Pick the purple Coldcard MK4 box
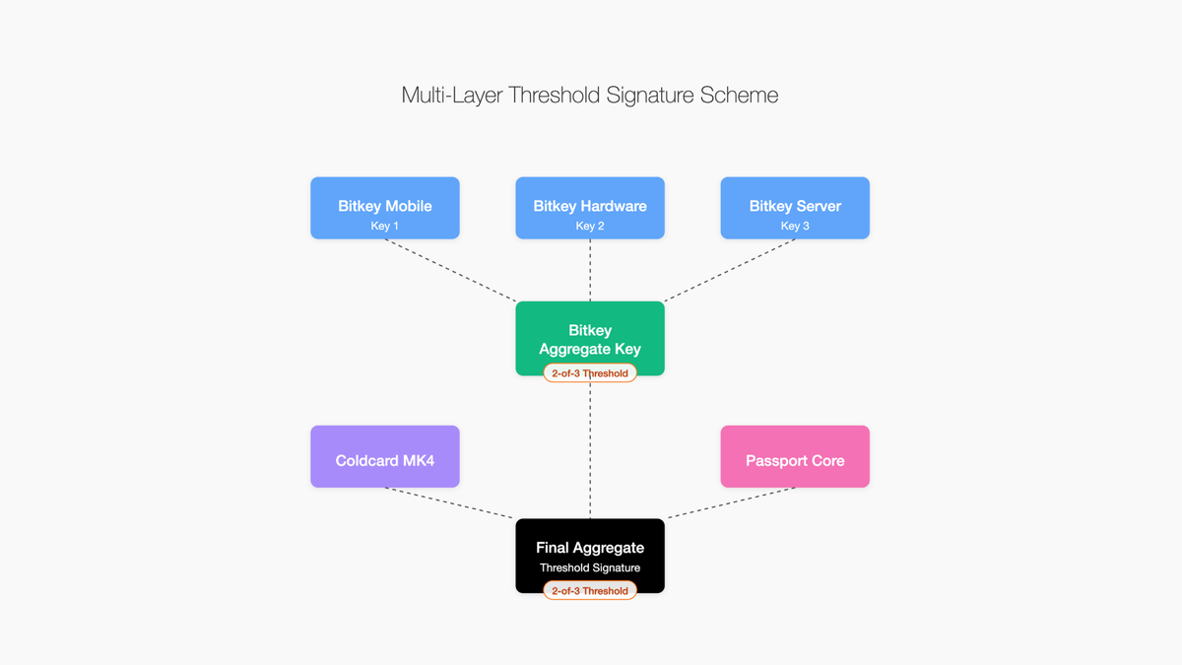click(384, 456)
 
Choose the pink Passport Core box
click(795, 456)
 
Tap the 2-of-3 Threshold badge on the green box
click(590, 373)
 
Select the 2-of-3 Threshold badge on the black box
click(590, 591)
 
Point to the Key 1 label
click(384, 227)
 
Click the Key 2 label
click(590, 227)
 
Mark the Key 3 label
click(795, 227)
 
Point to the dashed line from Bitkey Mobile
click(451, 270)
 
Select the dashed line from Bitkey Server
click(730, 270)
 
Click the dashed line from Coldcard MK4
click(449, 502)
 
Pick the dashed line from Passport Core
click(732, 502)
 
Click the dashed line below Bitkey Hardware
click(590, 270)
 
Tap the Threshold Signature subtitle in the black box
click(590, 567)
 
